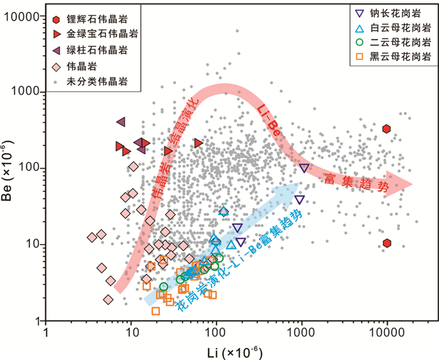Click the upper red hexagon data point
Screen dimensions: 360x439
(386, 129)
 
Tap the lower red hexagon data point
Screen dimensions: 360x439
(387, 243)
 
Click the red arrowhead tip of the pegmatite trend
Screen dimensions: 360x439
(413, 184)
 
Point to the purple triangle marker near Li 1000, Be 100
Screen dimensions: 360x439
(304, 168)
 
